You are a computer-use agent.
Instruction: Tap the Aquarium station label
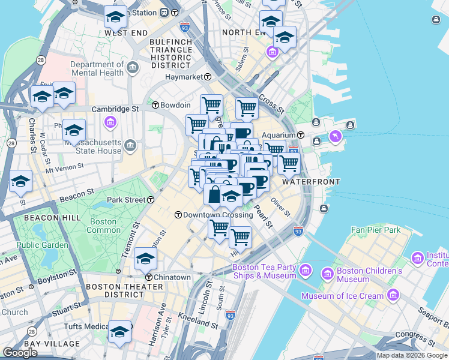click(x=280, y=135)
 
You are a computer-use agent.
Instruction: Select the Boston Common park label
click(x=104, y=226)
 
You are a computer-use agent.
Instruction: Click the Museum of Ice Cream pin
click(x=393, y=295)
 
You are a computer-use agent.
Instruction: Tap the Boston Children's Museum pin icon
click(x=327, y=274)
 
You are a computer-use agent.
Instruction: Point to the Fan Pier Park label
click(x=376, y=230)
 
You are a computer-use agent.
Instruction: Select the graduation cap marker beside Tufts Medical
click(x=119, y=332)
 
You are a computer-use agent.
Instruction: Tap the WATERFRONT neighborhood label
click(x=311, y=181)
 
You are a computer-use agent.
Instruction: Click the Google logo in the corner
click(x=20, y=353)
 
